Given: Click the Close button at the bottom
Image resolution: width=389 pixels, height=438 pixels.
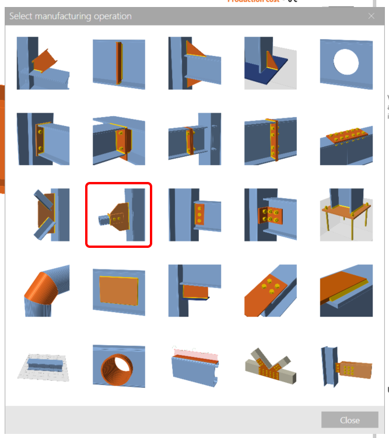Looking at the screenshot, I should coord(350,420).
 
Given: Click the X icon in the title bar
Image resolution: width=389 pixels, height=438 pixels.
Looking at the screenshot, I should coord(372,16).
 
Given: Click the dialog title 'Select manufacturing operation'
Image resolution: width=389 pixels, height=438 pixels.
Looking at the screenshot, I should coord(71,16).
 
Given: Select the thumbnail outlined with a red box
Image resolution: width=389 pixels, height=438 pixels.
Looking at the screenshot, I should coord(119,215).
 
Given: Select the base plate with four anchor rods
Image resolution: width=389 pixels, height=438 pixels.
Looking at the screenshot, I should coord(346,215).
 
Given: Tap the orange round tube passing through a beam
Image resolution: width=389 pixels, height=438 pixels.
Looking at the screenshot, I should coord(119,366).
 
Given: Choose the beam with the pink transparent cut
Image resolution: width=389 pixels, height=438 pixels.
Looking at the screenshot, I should coord(194,366).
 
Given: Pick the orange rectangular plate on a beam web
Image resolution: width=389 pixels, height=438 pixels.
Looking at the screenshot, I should coord(119,290).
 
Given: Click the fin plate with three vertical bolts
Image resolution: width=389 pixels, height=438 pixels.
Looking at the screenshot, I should coord(194,215).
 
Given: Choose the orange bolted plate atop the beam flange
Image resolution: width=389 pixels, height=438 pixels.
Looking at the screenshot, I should coord(346,139).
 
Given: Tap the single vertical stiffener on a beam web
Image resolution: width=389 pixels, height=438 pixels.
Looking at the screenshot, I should coord(119,63).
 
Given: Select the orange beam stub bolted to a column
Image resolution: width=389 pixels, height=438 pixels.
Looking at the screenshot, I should coord(346,366).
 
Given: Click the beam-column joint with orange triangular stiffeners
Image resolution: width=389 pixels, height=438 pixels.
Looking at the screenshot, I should coord(194,63).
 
